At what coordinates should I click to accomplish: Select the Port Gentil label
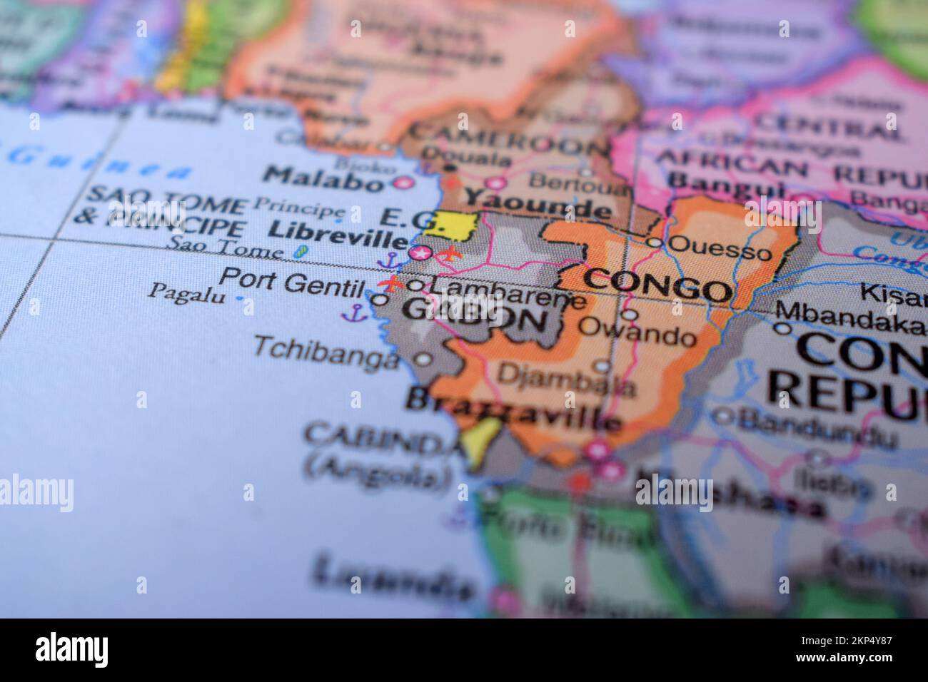291,280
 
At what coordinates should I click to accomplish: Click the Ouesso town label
721,250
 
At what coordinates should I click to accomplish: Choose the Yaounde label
537,203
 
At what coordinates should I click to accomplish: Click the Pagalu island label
183,292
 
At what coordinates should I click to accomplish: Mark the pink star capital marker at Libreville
421,253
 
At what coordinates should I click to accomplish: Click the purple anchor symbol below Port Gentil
355,312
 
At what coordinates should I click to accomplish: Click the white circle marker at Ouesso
655,243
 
